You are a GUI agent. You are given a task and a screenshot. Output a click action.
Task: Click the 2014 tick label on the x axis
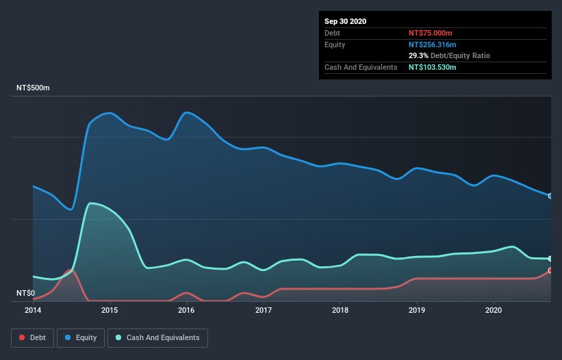point(32,310)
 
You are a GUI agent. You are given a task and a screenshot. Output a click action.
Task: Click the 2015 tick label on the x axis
point(110,310)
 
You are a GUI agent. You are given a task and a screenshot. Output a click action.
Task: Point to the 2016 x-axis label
point(186,310)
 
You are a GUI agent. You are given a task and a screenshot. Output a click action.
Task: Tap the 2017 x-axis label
point(264,310)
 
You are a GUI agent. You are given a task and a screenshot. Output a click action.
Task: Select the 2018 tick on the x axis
point(340,310)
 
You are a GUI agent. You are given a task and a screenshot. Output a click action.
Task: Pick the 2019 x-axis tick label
point(417,310)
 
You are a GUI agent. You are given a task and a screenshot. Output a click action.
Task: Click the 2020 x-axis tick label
point(494,310)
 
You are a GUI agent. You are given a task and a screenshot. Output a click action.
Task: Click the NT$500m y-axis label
point(34,88)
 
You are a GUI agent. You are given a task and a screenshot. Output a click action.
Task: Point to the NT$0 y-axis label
point(25,293)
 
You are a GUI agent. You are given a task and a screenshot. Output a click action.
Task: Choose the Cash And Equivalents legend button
point(157,337)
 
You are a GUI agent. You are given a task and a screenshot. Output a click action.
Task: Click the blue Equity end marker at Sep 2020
point(550,196)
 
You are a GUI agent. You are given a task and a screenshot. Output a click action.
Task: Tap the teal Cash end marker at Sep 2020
point(550,259)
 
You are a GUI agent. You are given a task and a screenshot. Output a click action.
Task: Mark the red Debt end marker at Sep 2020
point(550,271)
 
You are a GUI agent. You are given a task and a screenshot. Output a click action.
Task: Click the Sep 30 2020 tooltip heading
point(345,21)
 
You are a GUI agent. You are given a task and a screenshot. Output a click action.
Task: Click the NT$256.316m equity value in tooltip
point(434,44)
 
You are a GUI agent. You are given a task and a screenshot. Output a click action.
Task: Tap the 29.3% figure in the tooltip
point(418,55)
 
